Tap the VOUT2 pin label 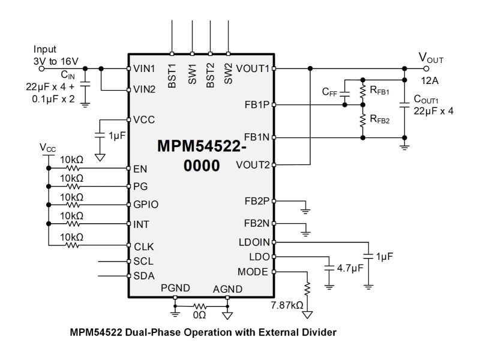tap(253, 164)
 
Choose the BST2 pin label tap(210, 77)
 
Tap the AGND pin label tap(227, 289)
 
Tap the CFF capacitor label tap(329, 92)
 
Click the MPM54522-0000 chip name tap(202, 156)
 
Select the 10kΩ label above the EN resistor tap(72, 161)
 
